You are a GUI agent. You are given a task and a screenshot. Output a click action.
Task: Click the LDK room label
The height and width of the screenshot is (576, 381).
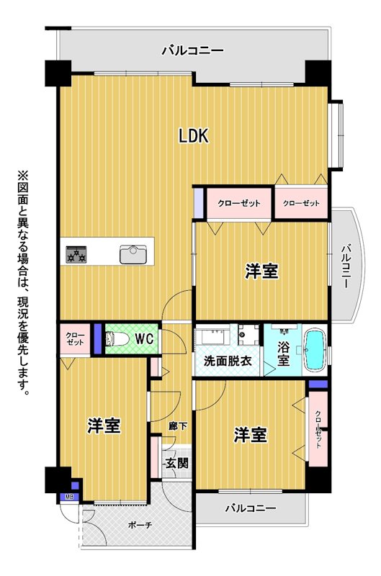194,135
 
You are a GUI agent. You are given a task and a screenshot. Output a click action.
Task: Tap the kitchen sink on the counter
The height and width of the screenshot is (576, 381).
133,255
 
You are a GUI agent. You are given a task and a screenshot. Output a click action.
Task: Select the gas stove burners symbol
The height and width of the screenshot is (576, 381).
76,254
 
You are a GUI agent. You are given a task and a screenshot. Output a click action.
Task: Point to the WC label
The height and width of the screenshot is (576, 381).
144,338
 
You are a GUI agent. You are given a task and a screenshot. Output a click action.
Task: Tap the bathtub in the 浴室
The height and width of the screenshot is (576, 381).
315,351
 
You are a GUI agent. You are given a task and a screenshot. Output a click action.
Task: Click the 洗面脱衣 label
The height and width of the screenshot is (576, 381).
228,361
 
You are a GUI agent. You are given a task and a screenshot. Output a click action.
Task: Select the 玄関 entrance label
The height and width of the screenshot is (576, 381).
176,463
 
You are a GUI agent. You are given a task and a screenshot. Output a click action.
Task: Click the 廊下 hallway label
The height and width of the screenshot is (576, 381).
178,426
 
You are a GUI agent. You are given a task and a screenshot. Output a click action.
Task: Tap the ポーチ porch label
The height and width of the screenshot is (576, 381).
140,526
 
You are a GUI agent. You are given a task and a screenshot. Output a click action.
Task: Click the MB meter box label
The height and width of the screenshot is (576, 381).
69,498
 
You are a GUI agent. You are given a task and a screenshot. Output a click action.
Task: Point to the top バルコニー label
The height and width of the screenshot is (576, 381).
192,50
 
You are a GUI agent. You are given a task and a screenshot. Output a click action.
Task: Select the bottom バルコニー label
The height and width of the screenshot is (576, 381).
250,508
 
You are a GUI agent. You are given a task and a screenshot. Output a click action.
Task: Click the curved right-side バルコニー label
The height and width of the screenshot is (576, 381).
346,266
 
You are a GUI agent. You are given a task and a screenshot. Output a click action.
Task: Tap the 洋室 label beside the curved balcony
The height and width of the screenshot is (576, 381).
261,271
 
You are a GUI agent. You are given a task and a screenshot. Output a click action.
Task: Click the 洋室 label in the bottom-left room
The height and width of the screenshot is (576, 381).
104,426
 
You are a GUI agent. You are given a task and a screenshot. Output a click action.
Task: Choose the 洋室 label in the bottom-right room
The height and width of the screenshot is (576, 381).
251,435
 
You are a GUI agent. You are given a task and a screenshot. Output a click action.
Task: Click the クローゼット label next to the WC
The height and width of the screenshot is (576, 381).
75,338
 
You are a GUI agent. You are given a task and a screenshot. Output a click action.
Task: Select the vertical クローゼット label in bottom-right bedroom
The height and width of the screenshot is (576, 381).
318,429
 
